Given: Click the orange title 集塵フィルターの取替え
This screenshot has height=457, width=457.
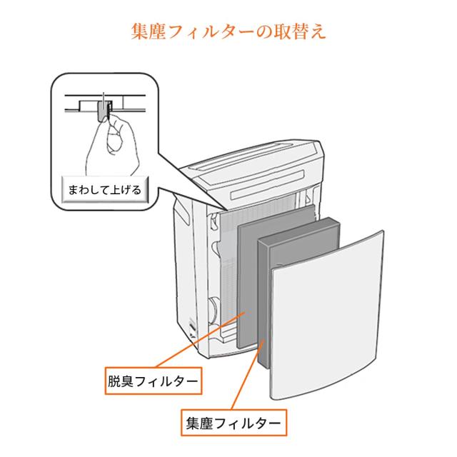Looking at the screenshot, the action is pos(228,31).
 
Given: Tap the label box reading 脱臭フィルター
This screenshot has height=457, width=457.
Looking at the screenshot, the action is pos(154,381).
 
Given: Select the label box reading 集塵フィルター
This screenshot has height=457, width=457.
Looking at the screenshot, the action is pos(233,423).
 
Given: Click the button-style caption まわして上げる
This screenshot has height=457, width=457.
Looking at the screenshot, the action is pos(105,190).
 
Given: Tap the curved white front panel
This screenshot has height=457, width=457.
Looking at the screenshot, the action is pos(327,315).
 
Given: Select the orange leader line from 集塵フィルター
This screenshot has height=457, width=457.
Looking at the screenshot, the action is pos(248,375).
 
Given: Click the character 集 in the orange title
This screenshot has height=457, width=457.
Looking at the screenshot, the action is pos(140,31).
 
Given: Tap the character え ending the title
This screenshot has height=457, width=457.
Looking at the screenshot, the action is pos(317,31).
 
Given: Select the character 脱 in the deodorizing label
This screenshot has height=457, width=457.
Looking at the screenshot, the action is pos(114,381).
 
